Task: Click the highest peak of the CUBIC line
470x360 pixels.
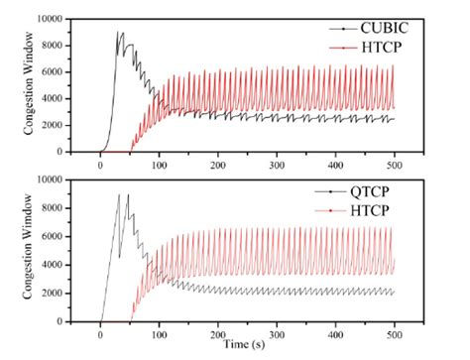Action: (121, 33)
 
